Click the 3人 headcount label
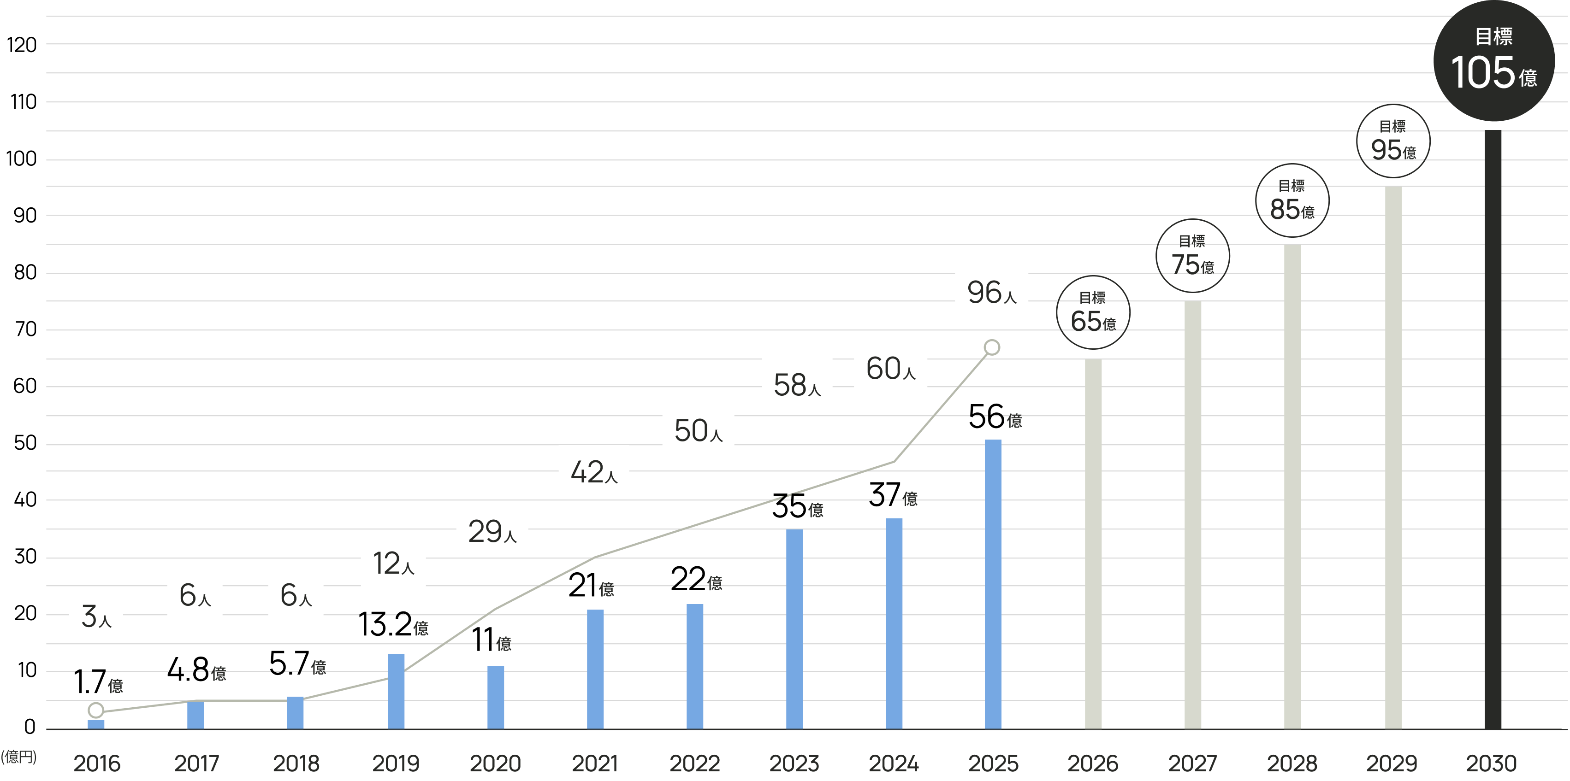[96, 616]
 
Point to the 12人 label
[393, 564]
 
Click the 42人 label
[593, 472]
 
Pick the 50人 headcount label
[698, 431]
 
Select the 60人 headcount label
[890, 369]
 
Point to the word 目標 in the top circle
[1493, 36]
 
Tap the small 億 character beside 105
[1528, 78]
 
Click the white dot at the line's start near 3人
[95, 711]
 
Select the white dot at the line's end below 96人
[992, 347]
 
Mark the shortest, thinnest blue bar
[137, 724]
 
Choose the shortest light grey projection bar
[1134, 542]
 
